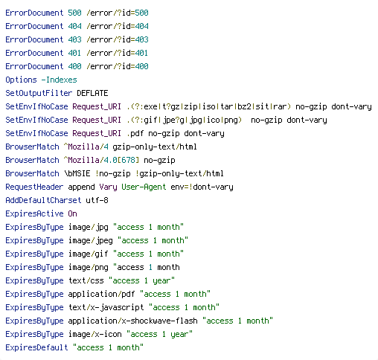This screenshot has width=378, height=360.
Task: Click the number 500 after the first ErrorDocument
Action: click(74, 13)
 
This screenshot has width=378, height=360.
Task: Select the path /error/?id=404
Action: click(118, 26)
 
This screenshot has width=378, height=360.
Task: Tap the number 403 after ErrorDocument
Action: click(74, 39)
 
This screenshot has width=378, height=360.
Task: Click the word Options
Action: click(21, 80)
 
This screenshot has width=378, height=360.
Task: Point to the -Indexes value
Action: click(59, 80)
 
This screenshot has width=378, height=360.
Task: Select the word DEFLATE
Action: click(92, 93)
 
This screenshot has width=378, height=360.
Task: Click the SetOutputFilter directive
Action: click(39, 93)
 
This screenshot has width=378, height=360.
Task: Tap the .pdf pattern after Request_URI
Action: click(135, 134)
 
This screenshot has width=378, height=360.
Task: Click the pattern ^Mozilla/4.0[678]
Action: click(101, 160)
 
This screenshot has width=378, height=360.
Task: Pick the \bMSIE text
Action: click(77, 173)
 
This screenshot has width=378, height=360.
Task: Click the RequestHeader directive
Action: click(34, 187)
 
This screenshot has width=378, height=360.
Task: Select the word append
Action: click(81, 187)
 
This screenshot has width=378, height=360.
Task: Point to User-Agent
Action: click(144, 187)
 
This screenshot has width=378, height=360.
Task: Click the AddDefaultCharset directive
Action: click(43, 200)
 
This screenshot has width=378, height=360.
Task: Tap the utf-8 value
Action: click(97, 200)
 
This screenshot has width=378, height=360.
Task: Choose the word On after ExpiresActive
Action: click(72, 213)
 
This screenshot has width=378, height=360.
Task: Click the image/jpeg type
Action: click(91, 241)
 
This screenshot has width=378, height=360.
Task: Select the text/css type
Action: click(86, 280)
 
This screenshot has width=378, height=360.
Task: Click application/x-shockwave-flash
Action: click(132, 321)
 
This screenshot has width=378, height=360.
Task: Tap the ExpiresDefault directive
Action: click(36, 347)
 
